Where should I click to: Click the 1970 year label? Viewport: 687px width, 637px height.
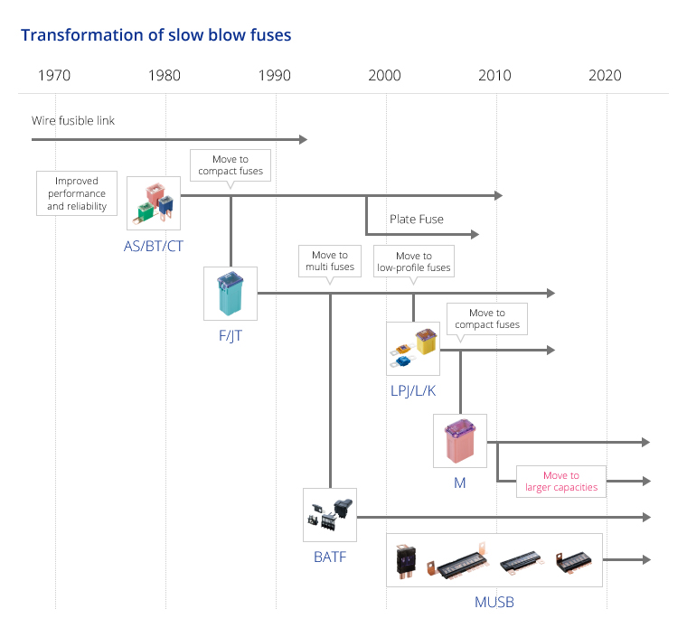click(x=54, y=75)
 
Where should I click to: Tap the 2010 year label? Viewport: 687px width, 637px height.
click(x=494, y=75)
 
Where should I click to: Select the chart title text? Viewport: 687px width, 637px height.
click(x=156, y=35)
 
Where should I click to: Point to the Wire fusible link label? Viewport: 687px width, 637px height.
click(x=73, y=120)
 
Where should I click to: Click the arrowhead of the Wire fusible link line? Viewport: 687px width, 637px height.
click(x=303, y=140)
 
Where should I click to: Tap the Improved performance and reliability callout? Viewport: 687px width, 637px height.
click(x=77, y=193)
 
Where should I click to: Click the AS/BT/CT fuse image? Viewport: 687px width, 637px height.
click(x=154, y=203)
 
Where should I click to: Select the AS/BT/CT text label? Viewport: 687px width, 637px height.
click(x=154, y=246)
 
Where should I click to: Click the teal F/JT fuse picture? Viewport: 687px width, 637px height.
click(x=231, y=294)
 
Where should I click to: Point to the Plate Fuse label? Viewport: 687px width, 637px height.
click(x=417, y=219)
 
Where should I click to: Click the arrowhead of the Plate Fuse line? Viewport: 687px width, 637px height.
click(x=475, y=234)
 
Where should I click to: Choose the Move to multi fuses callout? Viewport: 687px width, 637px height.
click(x=330, y=261)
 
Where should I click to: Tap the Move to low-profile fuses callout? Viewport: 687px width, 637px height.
click(x=414, y=261)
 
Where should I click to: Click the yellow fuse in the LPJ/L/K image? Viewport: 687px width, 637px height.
click(x=426, y=342)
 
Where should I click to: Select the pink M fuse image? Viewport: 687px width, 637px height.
click(x=460, y=441)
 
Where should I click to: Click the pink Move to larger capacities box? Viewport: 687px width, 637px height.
click(x=561, y=482)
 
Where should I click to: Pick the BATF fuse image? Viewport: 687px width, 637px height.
click(x=330, y=515)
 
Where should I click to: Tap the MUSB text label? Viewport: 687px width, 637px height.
click(x=494, y=602)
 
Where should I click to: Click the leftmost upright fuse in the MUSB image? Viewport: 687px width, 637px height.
click(x=406, y=561)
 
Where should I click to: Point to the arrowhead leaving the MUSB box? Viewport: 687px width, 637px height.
click(x=646, y=559)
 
